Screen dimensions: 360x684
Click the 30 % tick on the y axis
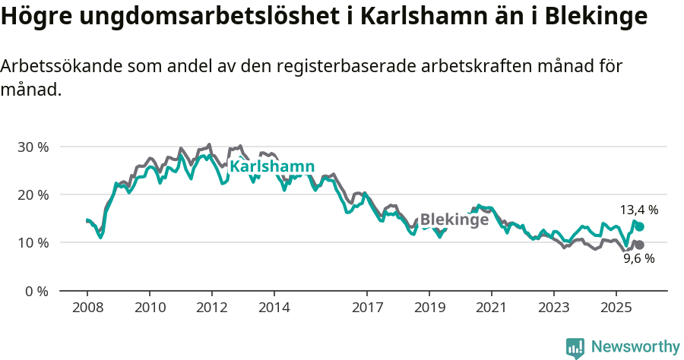tap(33, 147)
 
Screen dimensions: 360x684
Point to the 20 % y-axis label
tap(33, 194)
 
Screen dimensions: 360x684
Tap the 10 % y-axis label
tap(33, 243)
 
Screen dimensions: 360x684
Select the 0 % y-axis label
tap(36, 291)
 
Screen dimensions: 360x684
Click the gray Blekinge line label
tap(454, 219)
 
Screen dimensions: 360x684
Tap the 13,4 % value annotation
tap(639, 210)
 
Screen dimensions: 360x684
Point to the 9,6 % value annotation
tap(639, 258)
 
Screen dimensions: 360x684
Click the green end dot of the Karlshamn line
tap(640, 226)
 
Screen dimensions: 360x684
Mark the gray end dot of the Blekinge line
tap(640, 245)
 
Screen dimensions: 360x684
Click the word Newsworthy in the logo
tap(635, 347)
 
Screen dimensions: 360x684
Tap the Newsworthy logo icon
tap(575, 348)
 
